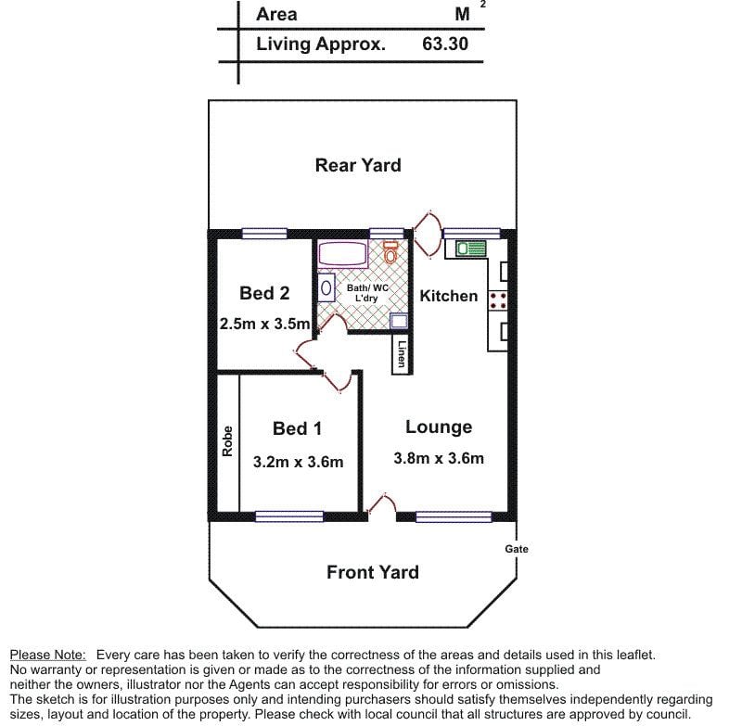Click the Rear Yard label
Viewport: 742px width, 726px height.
point(358,165)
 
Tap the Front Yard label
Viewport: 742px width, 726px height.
point(373,572)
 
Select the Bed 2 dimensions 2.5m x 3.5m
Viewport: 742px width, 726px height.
point(264,324)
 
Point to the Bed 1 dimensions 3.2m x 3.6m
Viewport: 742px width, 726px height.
point(298,462)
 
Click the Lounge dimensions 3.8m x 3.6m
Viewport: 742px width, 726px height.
point(439,458)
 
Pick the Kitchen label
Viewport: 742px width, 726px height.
point(449,296)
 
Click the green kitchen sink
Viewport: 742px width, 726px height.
point(471,248)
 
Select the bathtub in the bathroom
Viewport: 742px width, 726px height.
point(343,253)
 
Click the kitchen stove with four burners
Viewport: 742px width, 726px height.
point(498,299)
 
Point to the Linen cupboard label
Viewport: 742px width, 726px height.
point(402,354)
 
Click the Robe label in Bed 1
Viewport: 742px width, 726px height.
point(227,441)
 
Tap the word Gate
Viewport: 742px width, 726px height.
point(517,549)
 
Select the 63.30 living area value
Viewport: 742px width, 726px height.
point(445,44)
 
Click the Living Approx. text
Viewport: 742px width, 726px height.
point(321,44)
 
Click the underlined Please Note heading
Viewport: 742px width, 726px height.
point(48,655)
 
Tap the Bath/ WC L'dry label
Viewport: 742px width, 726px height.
point(366,293)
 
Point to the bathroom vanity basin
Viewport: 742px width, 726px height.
point(326,287)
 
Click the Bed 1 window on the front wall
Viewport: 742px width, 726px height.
point(289,516)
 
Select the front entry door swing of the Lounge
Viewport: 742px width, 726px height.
point(381,503)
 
